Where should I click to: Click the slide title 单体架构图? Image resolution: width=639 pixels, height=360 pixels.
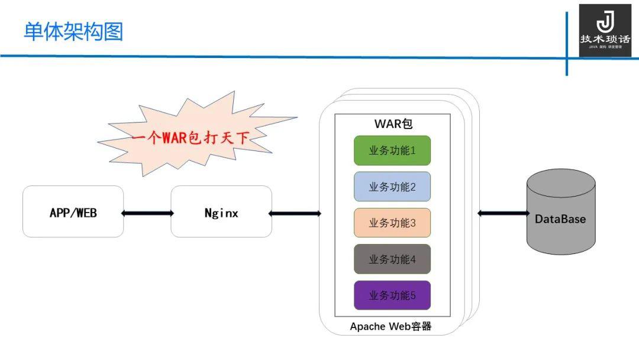point(73,31)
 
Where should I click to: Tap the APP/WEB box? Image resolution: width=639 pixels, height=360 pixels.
point(73,212)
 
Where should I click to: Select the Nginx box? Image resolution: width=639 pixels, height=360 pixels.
point(221,212)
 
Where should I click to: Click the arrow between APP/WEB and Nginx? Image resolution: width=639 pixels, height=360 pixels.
point(147,213)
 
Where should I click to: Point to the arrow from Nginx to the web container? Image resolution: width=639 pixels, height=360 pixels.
point(295,213)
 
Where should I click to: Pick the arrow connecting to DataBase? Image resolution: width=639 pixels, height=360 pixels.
point(503,213)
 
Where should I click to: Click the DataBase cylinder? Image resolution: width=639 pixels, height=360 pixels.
point(560,213)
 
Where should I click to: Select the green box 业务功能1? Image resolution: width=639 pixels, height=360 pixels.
point(392,150)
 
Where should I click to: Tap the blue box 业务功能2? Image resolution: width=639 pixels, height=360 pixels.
point(392,187)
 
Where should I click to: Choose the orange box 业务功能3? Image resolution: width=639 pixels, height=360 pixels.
point(392,223)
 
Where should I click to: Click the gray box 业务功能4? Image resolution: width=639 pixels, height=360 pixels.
point(392,259)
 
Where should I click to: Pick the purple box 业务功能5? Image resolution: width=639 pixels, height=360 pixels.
point(392,295)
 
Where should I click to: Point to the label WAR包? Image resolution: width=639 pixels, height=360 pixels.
point(393,124)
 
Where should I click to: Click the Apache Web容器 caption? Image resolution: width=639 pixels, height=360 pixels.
point(390,326)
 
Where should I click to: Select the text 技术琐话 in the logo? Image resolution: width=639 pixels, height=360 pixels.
point(605,39)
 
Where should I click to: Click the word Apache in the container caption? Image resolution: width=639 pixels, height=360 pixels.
point(367,326)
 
